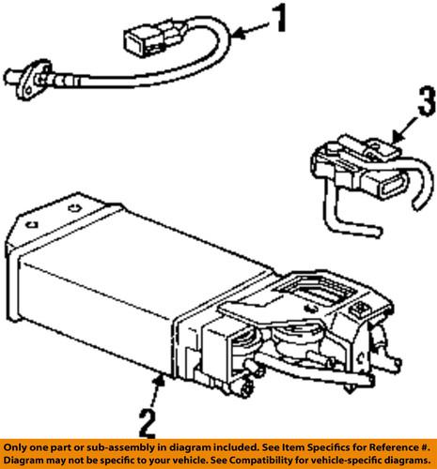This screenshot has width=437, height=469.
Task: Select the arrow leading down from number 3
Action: coord(393,135)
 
